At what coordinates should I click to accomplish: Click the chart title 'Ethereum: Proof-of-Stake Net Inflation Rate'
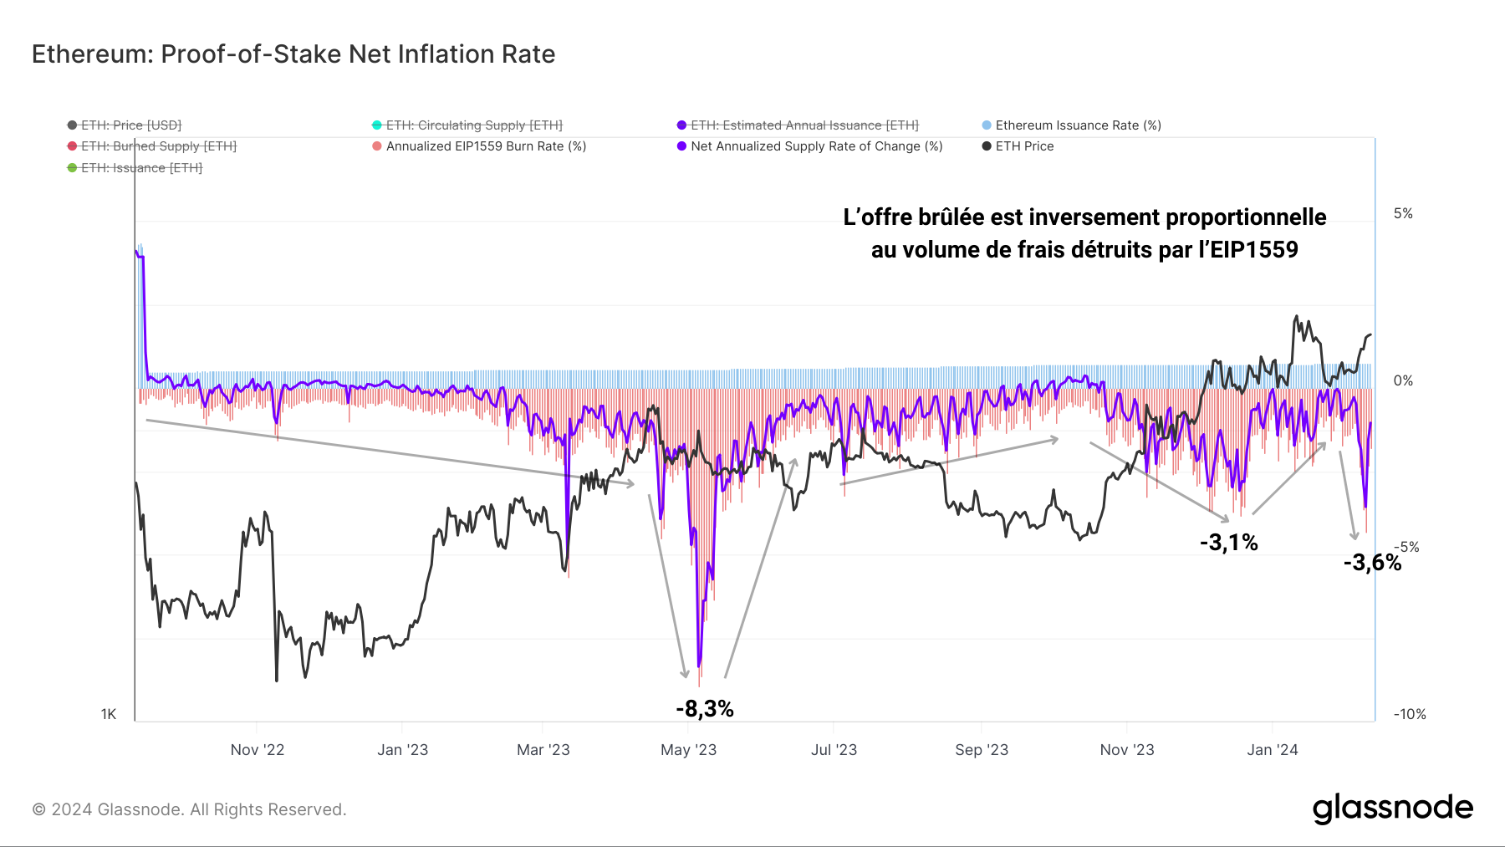point(293,54)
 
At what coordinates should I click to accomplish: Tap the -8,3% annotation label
point(704,709)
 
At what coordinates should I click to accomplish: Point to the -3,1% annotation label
point(1228,543)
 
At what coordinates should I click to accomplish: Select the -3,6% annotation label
point(1371,562)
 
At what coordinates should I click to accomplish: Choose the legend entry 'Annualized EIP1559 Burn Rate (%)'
point(485,146)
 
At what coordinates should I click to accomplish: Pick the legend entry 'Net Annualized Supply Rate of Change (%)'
point(815,146)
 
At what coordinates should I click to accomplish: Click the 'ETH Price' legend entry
point(1023,146)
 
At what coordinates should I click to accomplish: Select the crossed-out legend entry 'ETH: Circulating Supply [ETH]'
point(473,125)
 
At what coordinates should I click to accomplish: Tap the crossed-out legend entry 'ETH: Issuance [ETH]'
point(140,168)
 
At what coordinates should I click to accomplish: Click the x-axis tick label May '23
point(688,750)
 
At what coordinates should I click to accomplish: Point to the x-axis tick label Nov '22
point(258,750)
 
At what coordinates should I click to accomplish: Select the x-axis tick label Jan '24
point(1272,750)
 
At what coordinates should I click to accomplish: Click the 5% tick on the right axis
point(1403,214)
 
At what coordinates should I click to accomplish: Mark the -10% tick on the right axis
point(1409,714)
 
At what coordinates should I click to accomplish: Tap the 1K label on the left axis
point(109,714)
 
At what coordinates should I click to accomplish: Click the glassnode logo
point(1392,809)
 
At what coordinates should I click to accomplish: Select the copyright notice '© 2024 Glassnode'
point(189,809)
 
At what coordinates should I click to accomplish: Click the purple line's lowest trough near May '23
point(699,665)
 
